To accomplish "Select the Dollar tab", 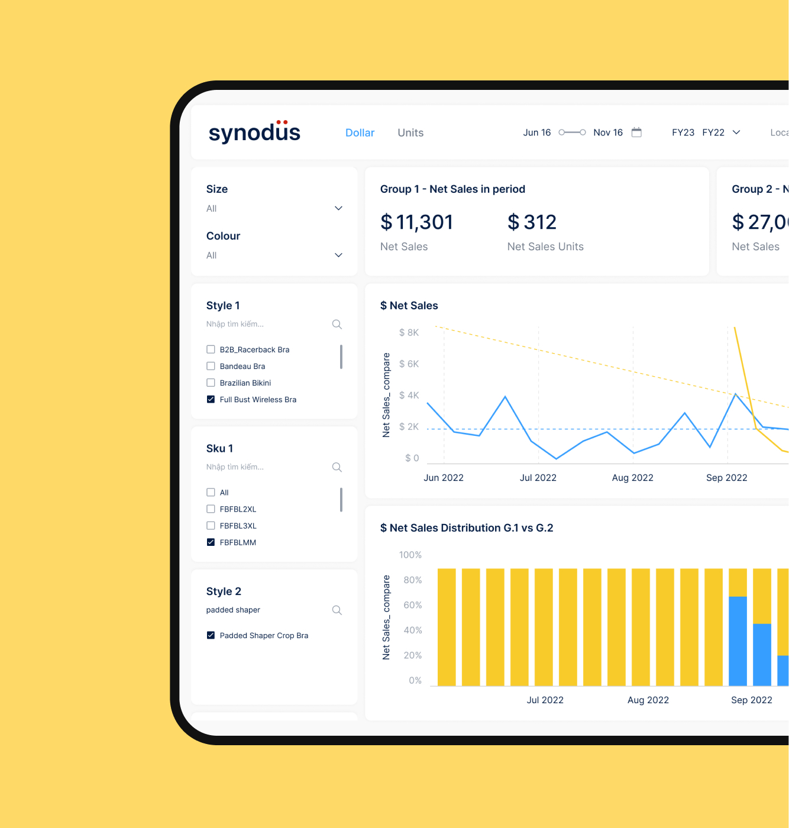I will (360, 133).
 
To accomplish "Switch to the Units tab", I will (410, 133).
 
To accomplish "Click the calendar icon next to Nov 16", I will (636, 132).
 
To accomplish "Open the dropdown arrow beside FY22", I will (736, 132).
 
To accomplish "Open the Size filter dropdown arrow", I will (338, 208).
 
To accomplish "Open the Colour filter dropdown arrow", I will (338, 255).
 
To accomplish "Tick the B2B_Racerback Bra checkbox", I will (211, 350).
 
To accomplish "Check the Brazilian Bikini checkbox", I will (211, 383).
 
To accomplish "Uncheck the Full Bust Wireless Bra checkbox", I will (211, 399).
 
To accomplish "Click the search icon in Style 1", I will (337, 324).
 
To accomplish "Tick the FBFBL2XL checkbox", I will (211, 509).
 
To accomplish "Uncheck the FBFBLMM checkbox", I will (211, 542).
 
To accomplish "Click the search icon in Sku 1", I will (337, 467).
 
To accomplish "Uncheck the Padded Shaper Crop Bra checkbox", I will (211, 636).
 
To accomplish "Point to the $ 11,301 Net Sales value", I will (416, 222).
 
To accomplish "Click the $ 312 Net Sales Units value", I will (532, 222).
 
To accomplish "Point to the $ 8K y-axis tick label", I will (409, 332).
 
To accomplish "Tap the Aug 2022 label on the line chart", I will (632, 478).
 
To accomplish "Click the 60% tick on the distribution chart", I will (412, 605).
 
